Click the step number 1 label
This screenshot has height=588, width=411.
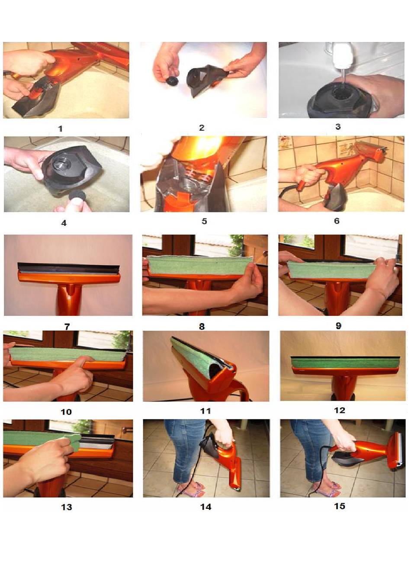(x=61, y=129)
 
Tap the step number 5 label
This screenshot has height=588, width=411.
(x=204, y=221)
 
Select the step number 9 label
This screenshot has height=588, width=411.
(x=339, y=326)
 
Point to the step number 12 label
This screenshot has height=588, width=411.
(x=340, y=410)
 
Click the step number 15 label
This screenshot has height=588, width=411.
(x=340, y=506)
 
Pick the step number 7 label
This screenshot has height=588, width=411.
(x=67, y=327)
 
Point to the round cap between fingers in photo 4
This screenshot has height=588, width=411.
(x=78, y=196)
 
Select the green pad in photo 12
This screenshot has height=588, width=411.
(x=345, y=362)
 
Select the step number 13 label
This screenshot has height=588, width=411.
(x=66, y=507)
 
